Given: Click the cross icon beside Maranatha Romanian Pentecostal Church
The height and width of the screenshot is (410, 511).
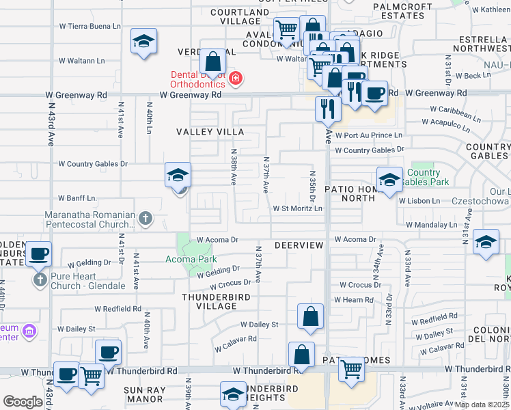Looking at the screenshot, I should (x=145, y=219).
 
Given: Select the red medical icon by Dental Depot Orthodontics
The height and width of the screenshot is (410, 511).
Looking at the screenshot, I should (x=236, y=79).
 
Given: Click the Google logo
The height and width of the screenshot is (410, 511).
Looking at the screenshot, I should (x=23, y=402).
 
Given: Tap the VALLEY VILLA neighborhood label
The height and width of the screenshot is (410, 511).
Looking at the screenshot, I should (x=210, y=131).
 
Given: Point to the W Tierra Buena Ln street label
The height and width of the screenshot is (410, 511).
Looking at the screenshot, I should (x=89, y=26).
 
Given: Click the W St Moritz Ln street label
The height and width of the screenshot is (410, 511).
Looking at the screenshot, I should (x=297, y=208).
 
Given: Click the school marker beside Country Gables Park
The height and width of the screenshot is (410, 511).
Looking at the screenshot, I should (x=389, y=180).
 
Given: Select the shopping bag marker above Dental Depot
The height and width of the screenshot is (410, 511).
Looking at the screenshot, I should (x=213, y=61).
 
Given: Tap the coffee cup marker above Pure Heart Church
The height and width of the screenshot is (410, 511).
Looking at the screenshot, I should (x=38, y=254).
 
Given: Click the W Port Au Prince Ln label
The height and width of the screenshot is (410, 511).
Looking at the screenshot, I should (x=368, y=135).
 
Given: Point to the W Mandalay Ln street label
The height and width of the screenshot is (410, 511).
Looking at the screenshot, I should (x=431, y=224).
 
